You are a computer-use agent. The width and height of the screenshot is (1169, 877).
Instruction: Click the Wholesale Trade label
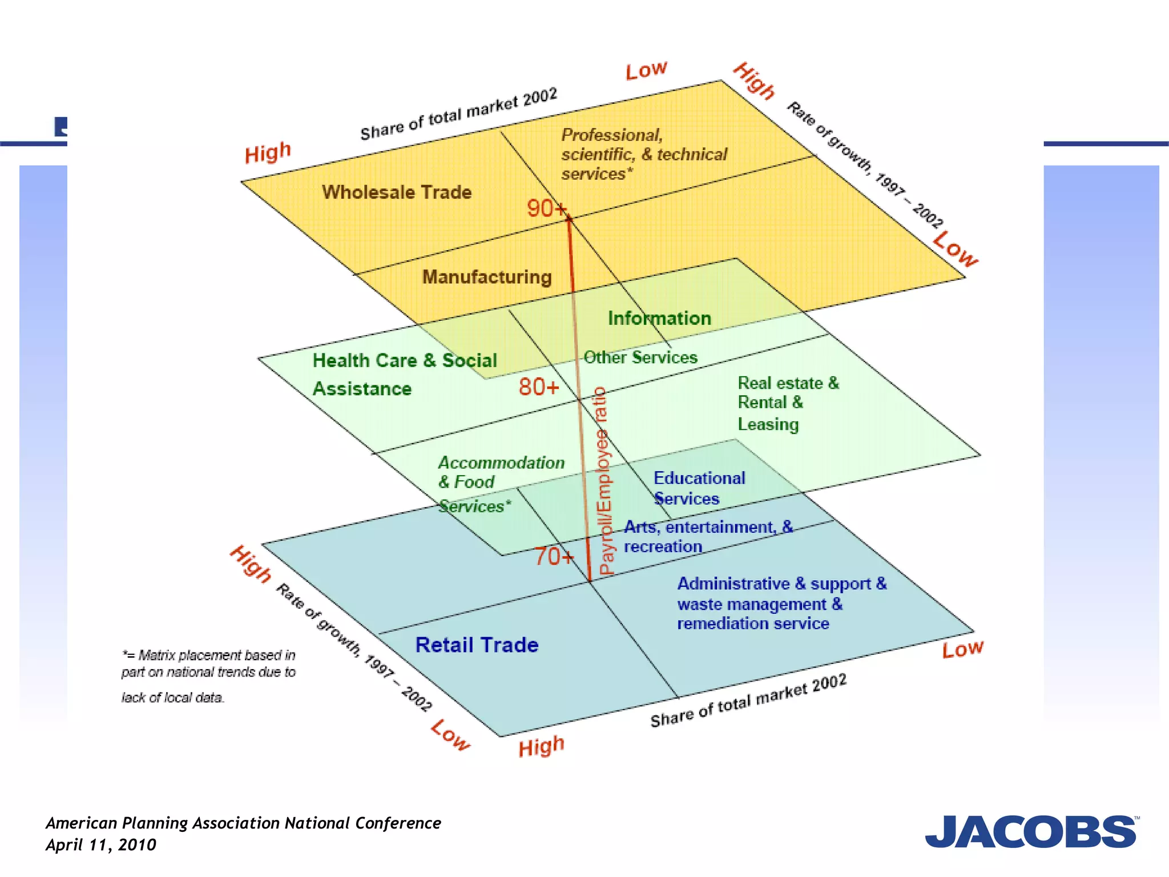397,192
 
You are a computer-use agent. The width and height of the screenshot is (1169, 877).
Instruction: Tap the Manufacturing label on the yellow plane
487,277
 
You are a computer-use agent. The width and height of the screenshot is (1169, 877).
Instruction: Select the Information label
659,318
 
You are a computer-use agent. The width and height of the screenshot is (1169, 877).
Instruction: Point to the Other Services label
640,357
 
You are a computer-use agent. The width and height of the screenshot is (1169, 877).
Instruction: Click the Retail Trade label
477,645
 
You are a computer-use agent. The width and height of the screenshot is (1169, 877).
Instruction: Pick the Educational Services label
699,488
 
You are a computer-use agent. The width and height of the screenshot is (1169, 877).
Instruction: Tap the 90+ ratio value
546,208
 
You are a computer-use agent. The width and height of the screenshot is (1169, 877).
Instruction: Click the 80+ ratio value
538,387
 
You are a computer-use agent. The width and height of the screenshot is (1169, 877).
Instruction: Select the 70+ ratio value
553,556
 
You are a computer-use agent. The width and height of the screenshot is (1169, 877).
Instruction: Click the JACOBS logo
1031,832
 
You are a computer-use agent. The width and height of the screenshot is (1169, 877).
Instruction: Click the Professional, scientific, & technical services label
644,154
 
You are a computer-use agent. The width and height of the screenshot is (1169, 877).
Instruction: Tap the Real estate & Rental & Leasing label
788,403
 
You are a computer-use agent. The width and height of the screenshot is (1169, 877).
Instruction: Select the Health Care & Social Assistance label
404,374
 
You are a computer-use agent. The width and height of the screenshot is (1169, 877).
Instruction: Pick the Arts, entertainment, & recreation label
708,536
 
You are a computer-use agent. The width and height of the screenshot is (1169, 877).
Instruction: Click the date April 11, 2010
101,845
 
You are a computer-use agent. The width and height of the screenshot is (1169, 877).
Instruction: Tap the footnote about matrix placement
208,675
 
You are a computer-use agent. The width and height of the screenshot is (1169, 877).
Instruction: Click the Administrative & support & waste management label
781,604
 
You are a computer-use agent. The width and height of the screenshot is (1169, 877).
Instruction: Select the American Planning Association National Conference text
243,823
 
